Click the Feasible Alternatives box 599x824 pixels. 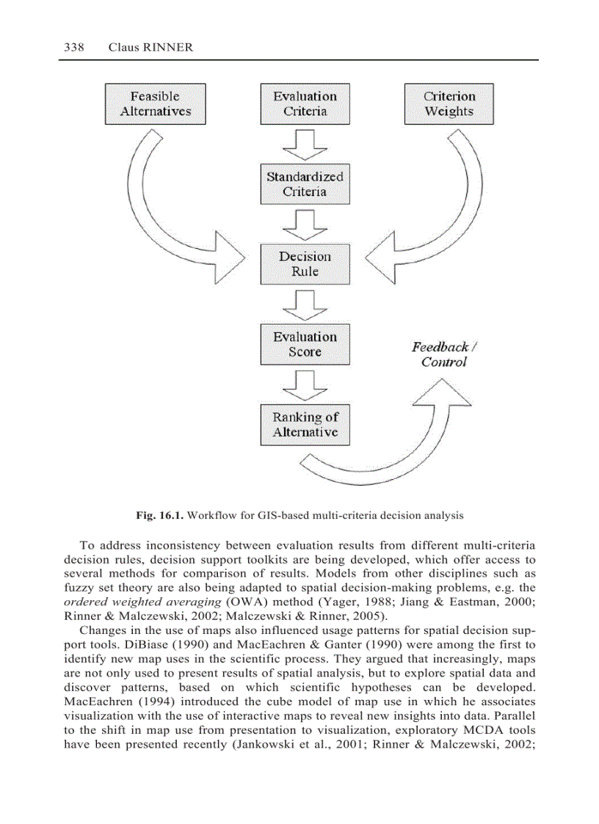click(155, 104)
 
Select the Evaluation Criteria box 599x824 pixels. click(305, 104)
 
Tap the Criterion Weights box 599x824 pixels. click(449, 104)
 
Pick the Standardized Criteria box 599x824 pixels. click(305, 184)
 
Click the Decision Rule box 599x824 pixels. click(305, 264)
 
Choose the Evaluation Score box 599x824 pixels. click(305, 344)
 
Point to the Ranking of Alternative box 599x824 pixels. click(305, 425)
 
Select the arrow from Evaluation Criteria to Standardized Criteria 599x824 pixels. click(305, 144)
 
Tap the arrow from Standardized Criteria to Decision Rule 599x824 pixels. click(305, 224)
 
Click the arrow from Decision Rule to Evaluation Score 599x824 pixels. click(305, 304)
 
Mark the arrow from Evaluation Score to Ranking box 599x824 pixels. click(305, 384)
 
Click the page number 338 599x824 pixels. click(74, 48)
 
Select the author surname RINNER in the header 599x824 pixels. click(168, 48)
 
